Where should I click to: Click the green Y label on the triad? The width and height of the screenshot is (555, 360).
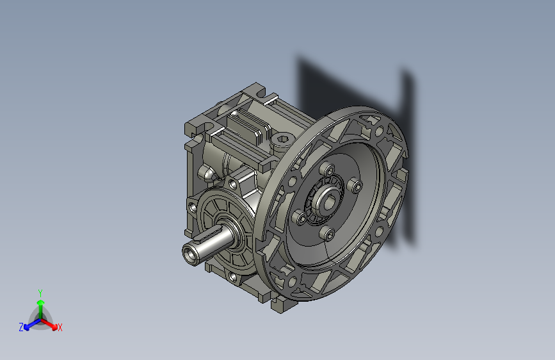40,291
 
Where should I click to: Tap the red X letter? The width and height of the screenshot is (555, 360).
60,327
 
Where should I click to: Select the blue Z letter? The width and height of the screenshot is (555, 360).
21,327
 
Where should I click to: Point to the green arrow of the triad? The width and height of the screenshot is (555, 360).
40,304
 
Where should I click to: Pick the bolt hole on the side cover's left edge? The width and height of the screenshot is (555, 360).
192,208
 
